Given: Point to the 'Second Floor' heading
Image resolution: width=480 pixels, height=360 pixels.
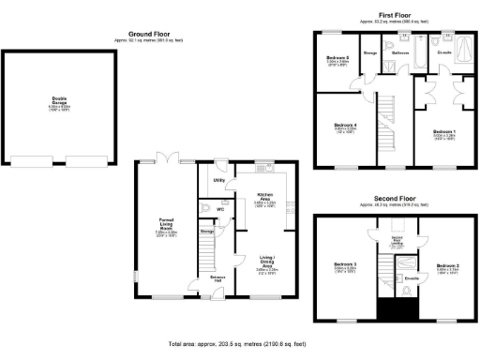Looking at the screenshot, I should [395, 200].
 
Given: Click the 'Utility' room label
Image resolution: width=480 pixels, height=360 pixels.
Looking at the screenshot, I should [217, 178].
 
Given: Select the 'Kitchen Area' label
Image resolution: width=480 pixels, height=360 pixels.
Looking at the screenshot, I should [265, 197].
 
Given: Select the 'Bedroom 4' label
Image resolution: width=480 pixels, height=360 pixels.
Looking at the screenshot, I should [345, 127].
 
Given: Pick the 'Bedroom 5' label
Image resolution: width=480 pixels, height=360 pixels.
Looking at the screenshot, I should [338, 60].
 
